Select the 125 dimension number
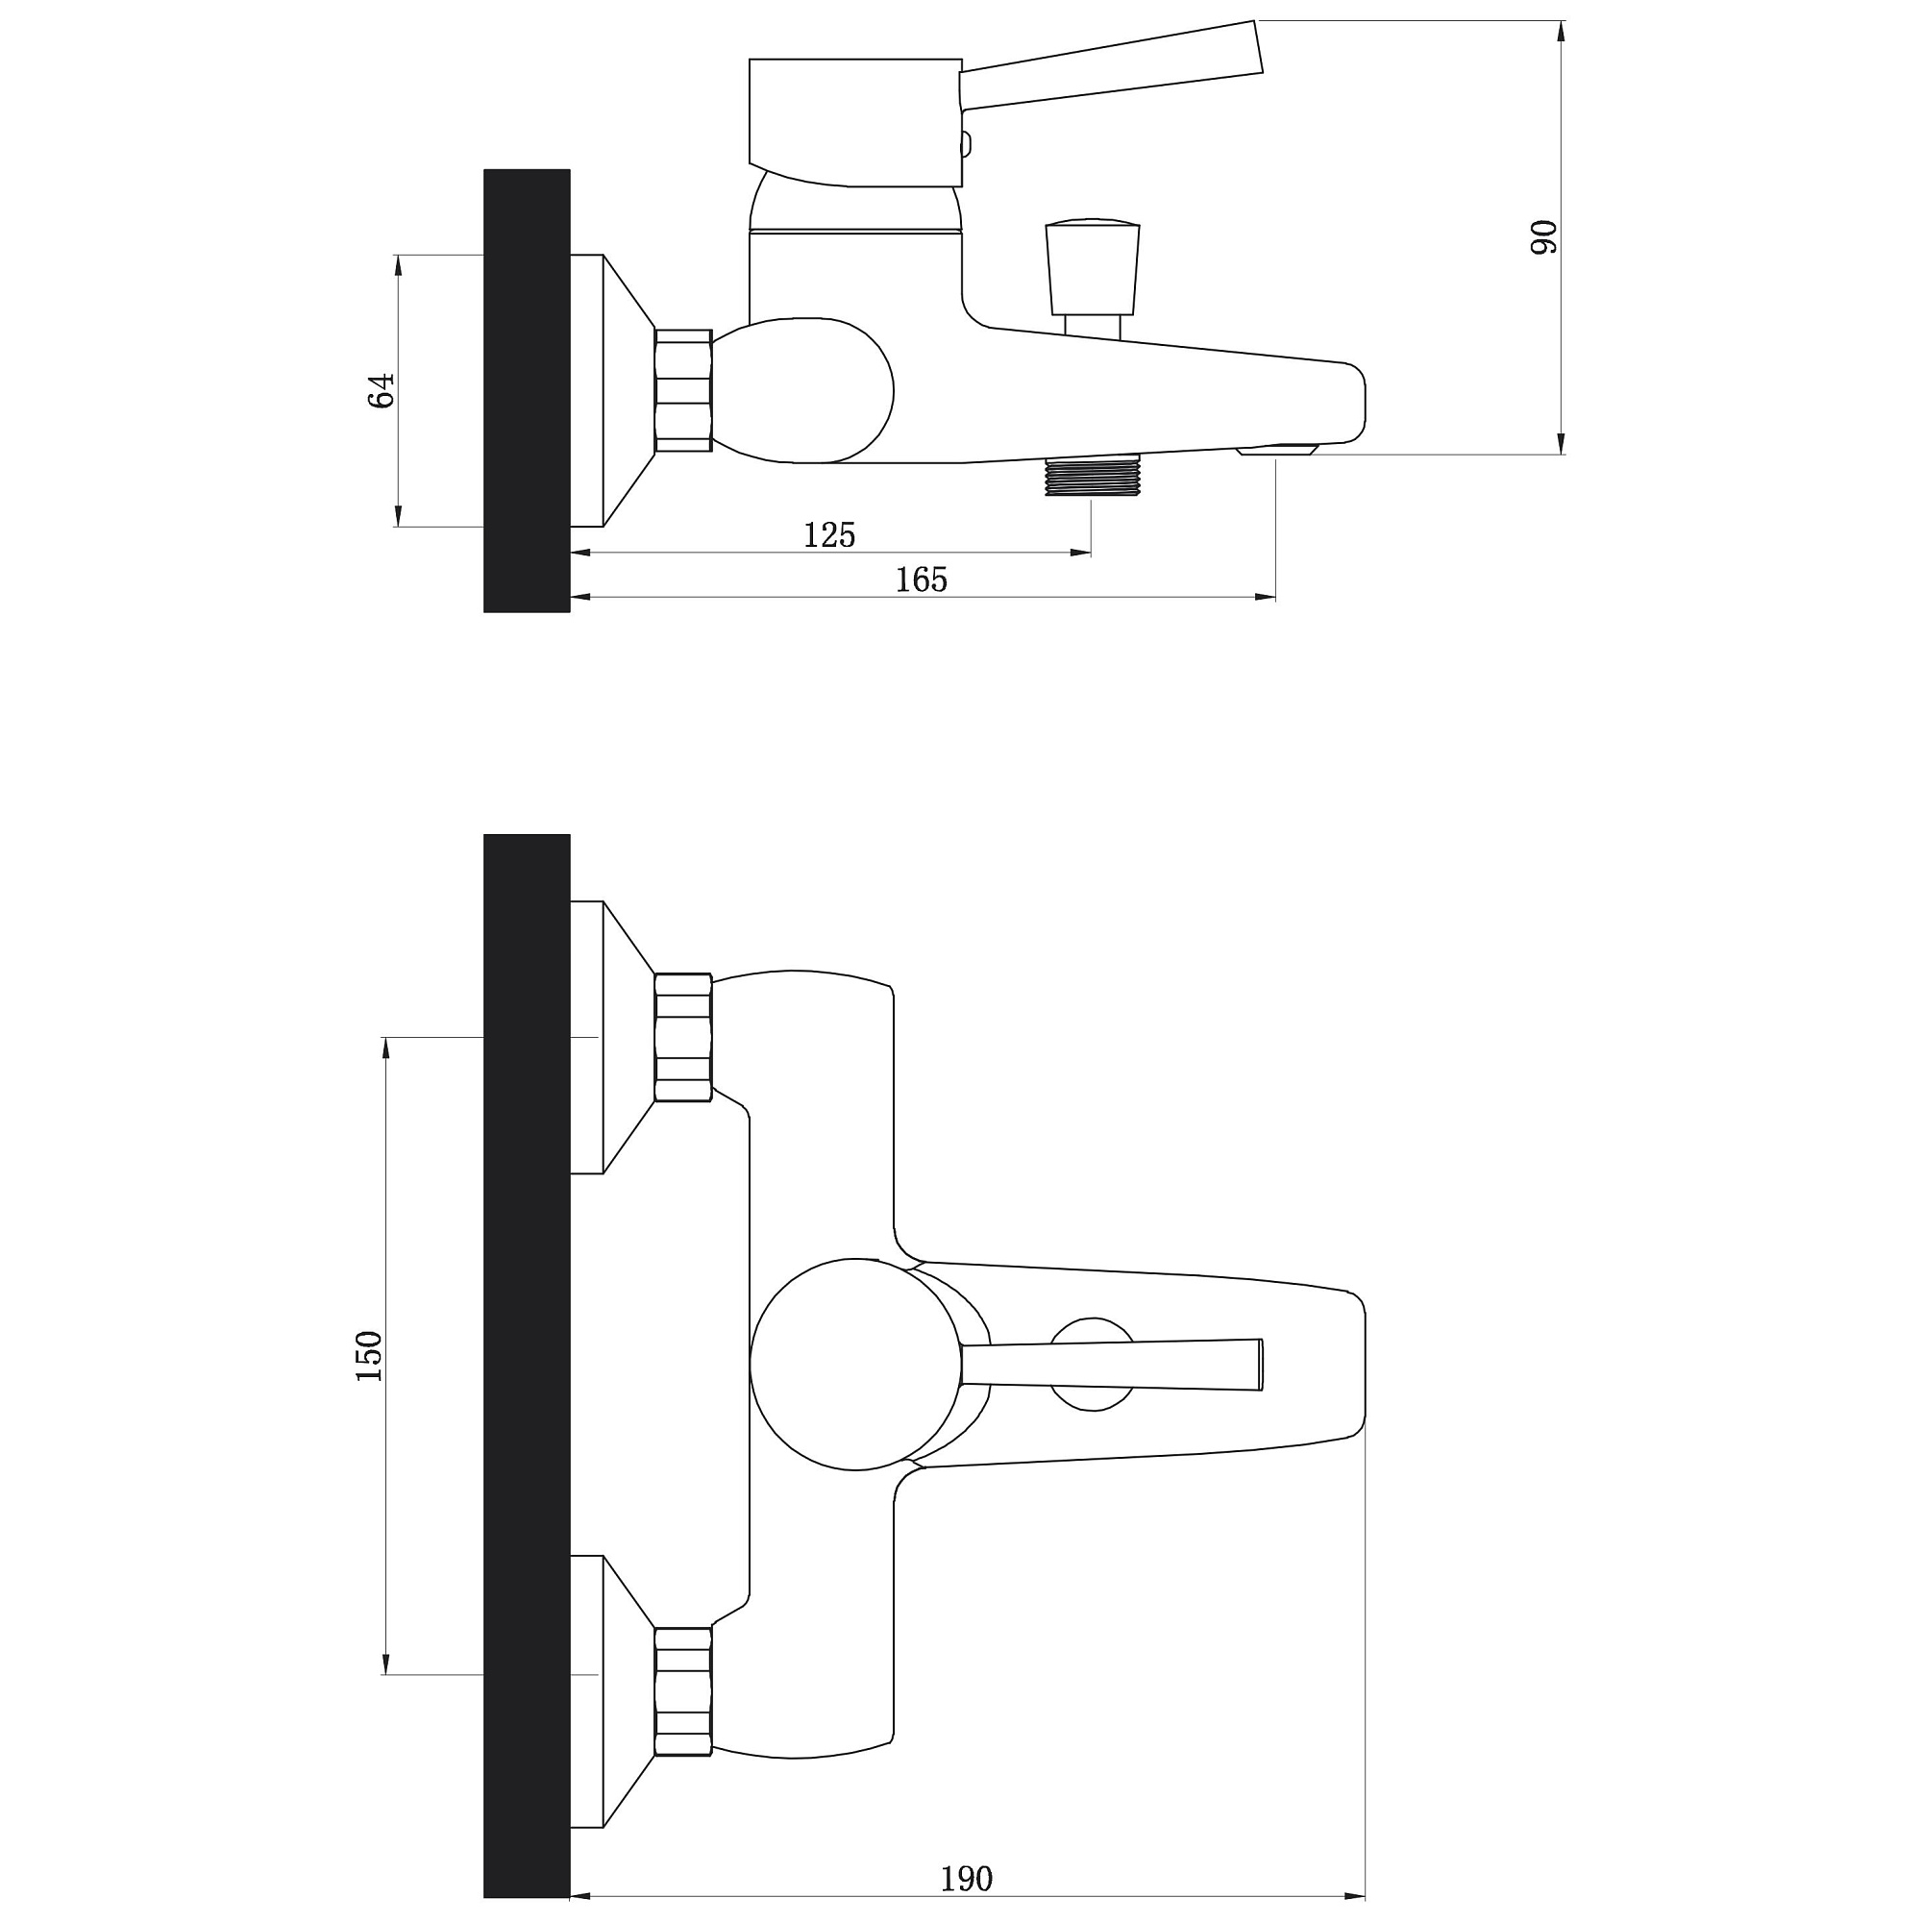(829, 535)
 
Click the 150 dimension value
(369, 1355)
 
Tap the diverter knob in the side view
(1093, 266)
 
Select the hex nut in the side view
(683, 391)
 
